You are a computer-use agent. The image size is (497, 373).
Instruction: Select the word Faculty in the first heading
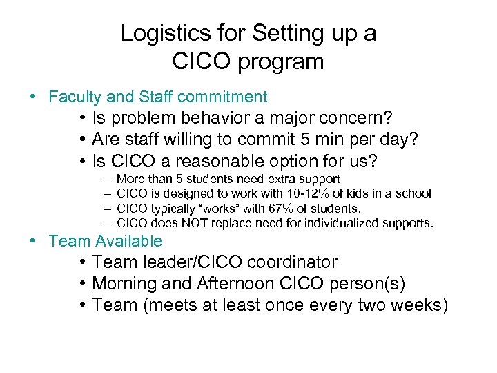pyautogui.click(x=73, y=97)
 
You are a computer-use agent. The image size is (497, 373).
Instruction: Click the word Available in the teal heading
pyautogui.click(x=130, y=241)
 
